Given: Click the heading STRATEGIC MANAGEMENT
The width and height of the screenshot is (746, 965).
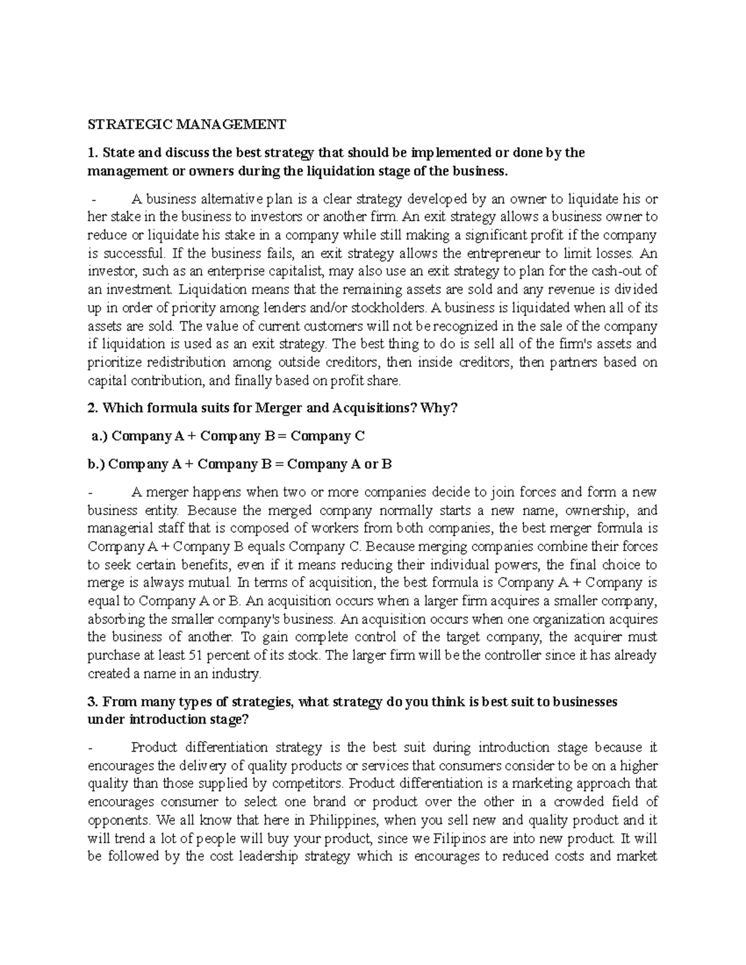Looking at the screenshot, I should point(186,125).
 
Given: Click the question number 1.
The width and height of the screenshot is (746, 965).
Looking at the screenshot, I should point(91,153).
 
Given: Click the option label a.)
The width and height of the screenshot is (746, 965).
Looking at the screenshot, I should point(99,436).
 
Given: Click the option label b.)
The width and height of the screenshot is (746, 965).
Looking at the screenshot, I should point(99,464).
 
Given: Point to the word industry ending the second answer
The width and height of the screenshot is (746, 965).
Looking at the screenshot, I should point(242,674).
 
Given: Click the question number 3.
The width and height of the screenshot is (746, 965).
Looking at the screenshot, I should point(92,702).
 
